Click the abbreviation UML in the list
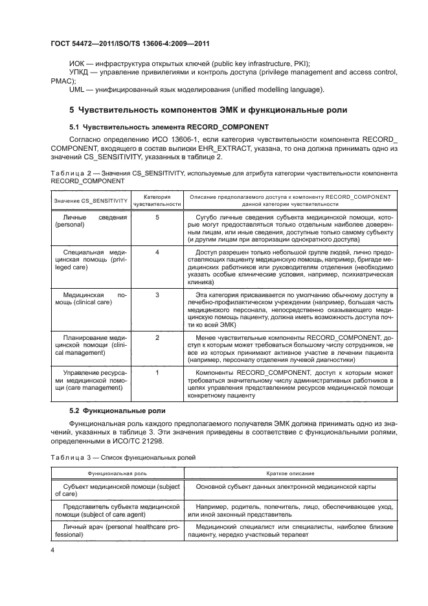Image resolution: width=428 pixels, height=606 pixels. [x=77, y=89]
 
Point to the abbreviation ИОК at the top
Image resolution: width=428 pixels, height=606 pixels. [x=78, y=62]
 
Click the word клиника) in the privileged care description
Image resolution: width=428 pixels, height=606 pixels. [x=201, y=282]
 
